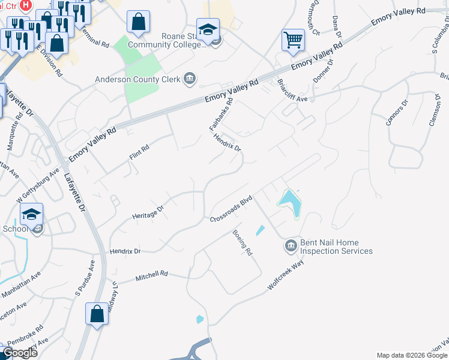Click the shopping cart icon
pyautogui.click(x=293, y=40)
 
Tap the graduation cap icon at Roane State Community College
pyautogui.click(x=208, y=30)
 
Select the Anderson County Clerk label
pyautogui.click(x=139, y=77)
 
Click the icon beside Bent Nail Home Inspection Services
pyautogui.click(x=291, y=245)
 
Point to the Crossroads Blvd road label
pyautogui.click(x=230, y=211)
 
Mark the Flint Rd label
pyautogui.click(x=139, y=152)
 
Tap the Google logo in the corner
pyautogui.click(x=20, y=353)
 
